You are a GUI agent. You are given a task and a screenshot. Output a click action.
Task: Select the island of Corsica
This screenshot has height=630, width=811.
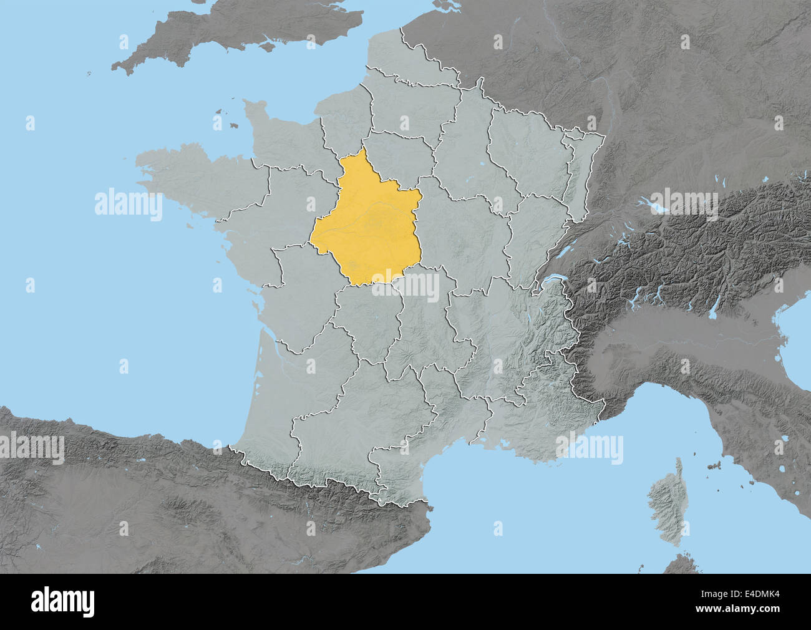pos(664,499)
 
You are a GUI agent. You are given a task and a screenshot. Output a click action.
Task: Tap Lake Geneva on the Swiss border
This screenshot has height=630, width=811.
pos(552,284)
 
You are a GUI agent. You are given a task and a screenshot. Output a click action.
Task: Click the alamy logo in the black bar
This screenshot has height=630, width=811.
pos(63,602)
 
